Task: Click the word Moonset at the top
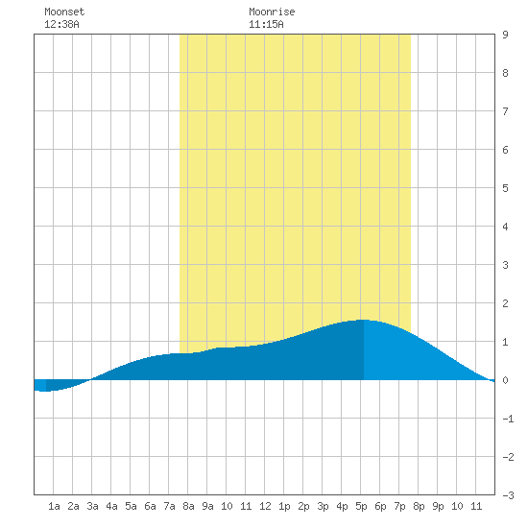64,12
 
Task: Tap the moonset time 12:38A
61,24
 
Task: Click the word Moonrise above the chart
272,12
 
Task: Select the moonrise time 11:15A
266,24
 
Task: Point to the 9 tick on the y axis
505,35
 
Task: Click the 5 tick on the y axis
505,188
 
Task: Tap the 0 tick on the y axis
505,380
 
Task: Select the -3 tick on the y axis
508,495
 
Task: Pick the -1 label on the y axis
508,419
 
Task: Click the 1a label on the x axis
54,506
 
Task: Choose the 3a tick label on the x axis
92,506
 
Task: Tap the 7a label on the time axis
169,506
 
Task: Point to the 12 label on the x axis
265,506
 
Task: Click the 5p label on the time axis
361,506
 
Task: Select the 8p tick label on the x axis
419,506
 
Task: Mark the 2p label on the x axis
303,506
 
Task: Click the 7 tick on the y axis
505,111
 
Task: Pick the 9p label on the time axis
438,506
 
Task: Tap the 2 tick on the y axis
505,303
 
